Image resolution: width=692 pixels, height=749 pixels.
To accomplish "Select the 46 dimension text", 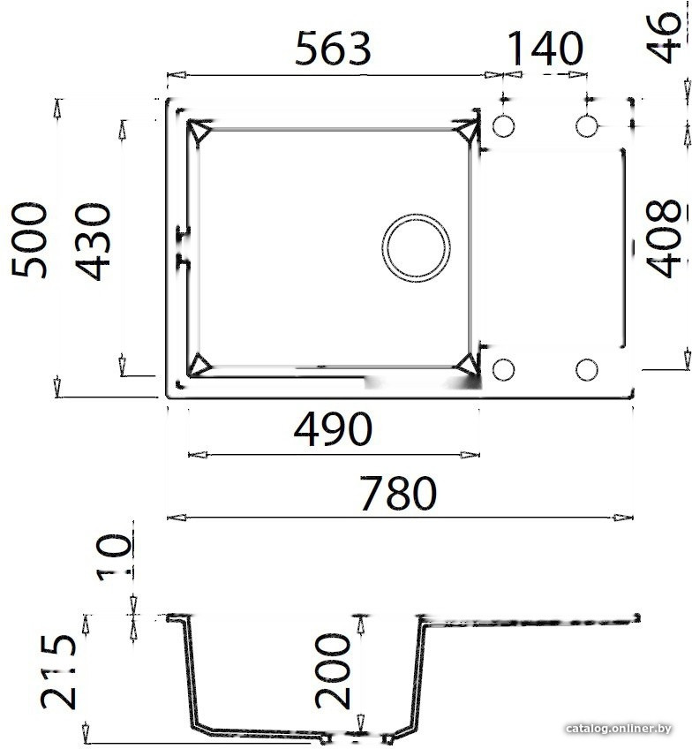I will [667, 38].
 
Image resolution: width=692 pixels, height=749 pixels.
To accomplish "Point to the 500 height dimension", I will [33, 240].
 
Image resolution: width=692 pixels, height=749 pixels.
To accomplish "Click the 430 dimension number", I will [93, 241].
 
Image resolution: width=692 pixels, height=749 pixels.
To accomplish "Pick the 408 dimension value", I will [664, 238].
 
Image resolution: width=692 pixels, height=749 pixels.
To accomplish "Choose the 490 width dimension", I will [333, 430].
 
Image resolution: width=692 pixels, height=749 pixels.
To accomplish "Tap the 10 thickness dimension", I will [114, 556].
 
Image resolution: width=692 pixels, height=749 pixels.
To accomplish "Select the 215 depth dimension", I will [59, 674].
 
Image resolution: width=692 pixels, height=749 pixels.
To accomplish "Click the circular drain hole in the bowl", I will [416, 246].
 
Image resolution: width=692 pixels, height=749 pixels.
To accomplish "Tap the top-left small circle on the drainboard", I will [503, 127].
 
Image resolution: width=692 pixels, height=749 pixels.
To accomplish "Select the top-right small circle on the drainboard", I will [587, 126].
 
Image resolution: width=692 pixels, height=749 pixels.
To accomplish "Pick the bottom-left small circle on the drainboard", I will [503, 369].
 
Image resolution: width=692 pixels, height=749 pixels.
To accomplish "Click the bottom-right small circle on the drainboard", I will [587, 369].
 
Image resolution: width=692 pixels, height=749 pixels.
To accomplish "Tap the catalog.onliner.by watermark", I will [621, 729].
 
